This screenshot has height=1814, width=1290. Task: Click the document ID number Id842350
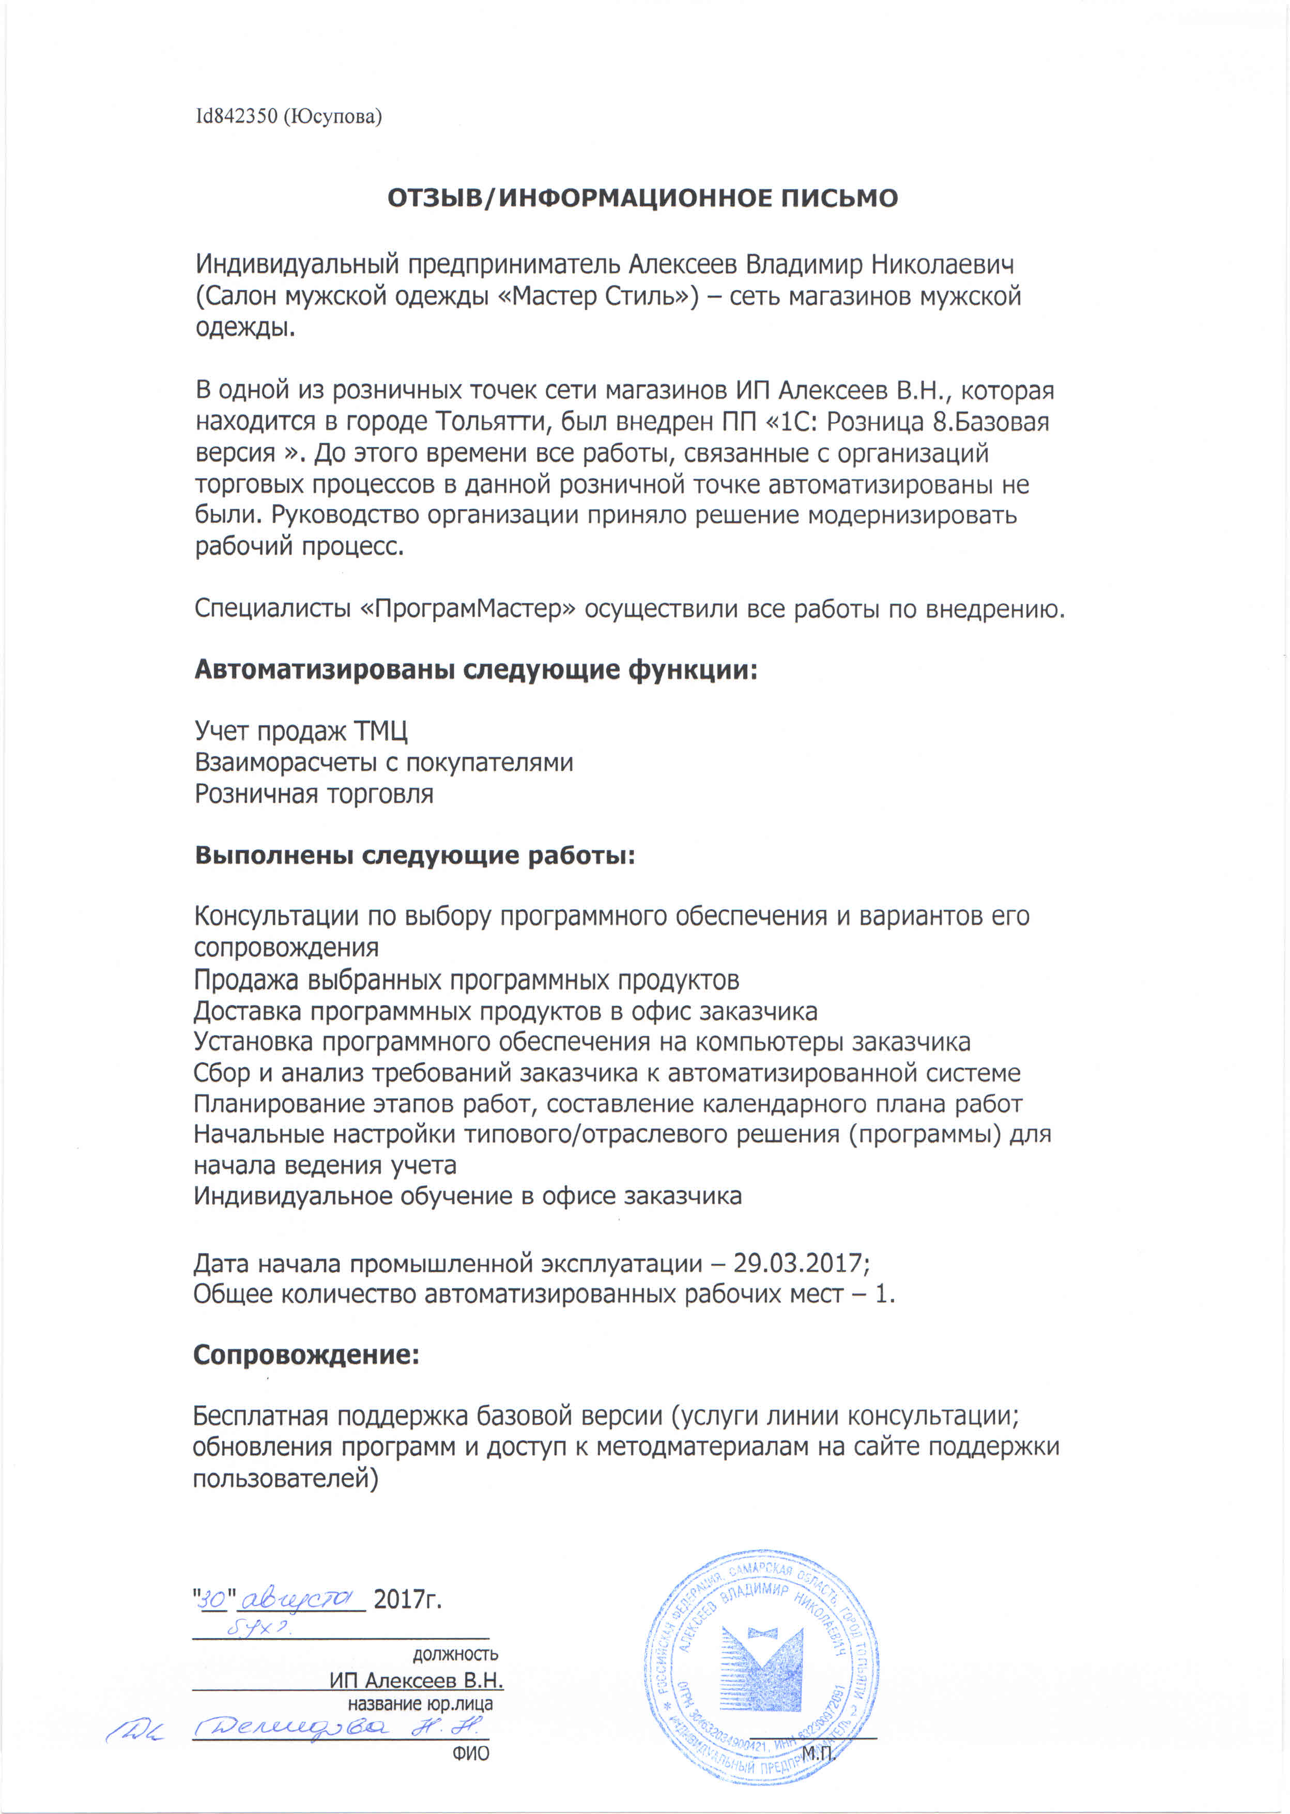(x=237, y=117)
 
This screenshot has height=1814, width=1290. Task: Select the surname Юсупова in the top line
(x=333, y=117)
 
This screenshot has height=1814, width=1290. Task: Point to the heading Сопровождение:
(x=306, y=1355)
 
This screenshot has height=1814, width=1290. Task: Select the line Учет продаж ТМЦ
(x=301, y=731)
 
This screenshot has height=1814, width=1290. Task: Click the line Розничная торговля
(x=314, y=794)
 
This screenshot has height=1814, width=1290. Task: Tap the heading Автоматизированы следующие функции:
(x=476, y=670)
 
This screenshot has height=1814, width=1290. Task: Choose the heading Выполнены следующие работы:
(x=414, y=856)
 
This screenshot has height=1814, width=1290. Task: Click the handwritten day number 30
(x=213, y=1598)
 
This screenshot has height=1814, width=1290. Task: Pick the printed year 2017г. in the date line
(x=407, y=1598)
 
